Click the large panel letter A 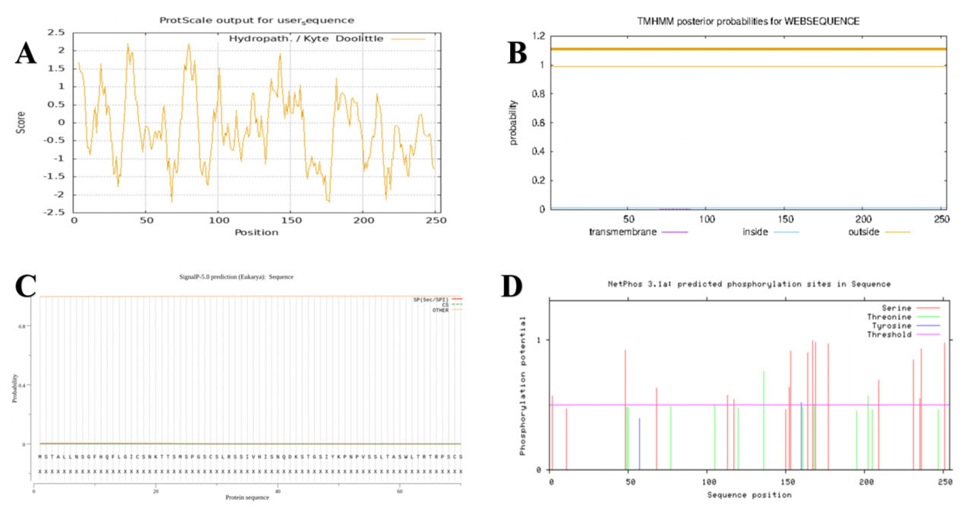26,53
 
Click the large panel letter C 26,286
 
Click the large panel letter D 511,286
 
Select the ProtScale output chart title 257,20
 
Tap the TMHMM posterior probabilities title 748,21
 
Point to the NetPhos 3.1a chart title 749,284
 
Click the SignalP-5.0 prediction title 236,277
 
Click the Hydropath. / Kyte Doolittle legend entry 306,39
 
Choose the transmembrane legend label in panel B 623,232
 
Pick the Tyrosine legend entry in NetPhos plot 891,326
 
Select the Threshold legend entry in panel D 889,335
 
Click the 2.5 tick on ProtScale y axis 56,32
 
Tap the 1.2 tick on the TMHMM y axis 538,36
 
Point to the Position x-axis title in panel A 256,232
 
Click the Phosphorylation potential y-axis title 522,386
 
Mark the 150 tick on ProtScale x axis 291,220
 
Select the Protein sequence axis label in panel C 247,498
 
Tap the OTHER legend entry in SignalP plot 440,310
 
